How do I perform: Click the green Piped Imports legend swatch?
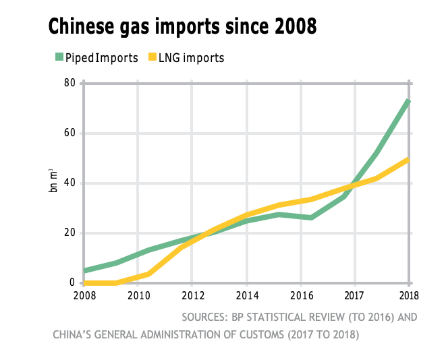(x=59, y=57)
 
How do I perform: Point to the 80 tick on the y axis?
(x=70, y=83)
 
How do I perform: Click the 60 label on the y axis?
(x=70, y=133)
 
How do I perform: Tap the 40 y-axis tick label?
(x=70, y=183)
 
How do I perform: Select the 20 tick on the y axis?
(x=70, y=233)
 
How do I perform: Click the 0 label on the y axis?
(x=72, y=283)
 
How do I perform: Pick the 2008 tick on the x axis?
(x=84, y=295)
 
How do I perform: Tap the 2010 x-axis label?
(x=138, y=295)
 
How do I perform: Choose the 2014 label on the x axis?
(x=247, y=295)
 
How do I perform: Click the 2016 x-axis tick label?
(x=301, y=295)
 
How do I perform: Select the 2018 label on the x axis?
(x=408, y=295)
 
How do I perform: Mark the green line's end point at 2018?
(x=409, y=100)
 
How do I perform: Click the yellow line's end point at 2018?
(x=409, y=159)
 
